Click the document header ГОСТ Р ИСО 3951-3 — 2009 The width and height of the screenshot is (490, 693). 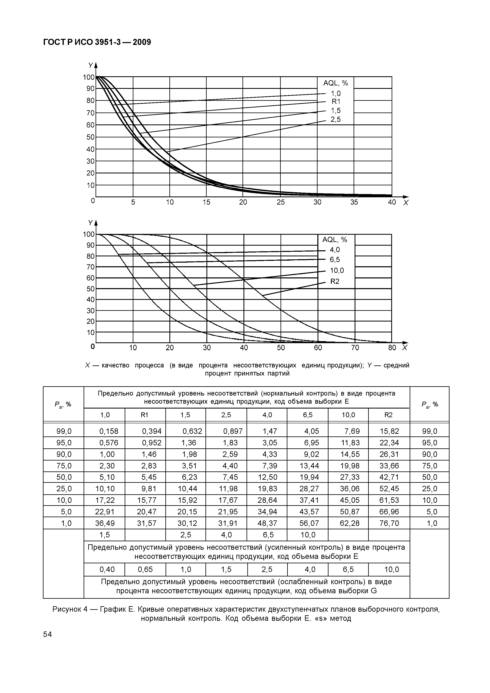(97, 42)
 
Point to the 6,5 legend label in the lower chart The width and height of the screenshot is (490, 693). (335, 260)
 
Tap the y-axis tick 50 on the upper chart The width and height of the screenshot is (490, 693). (90, 137)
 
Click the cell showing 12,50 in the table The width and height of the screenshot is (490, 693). (267, 477)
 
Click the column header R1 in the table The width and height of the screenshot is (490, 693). (145, 415)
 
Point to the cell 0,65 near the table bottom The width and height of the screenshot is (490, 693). (145, 570)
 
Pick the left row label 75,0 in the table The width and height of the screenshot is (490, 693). (64, 466)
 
